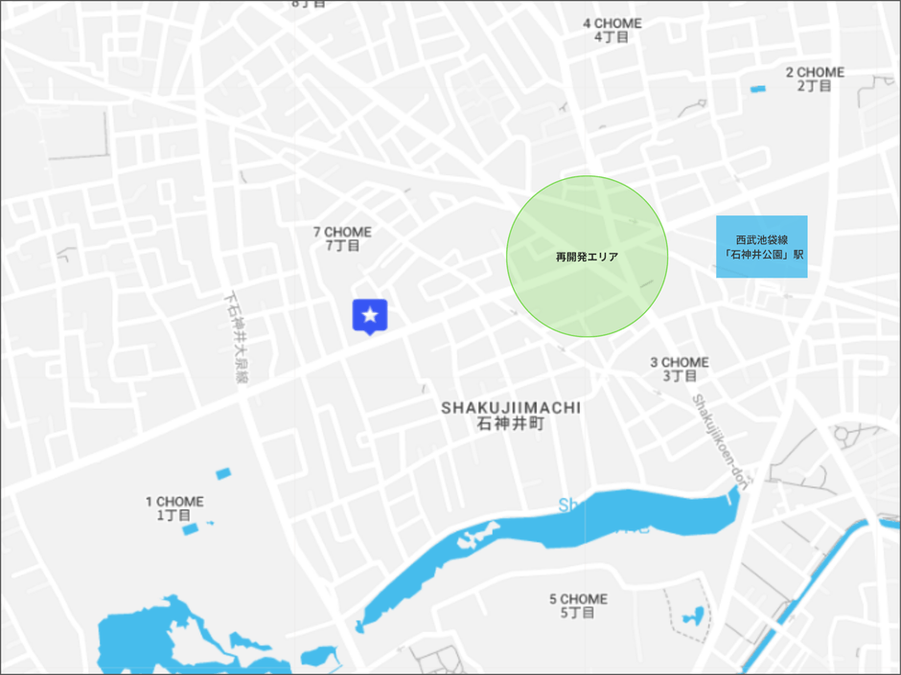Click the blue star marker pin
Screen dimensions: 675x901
[369, 315]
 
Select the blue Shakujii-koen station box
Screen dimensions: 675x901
[761, 247]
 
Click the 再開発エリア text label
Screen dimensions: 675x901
[587, 257]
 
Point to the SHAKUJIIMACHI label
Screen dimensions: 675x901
[510, 408]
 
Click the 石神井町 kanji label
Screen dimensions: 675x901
[510, 423]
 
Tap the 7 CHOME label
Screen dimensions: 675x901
[342, 232]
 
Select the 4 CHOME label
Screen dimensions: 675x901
[612, 23]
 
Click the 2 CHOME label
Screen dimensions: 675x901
[815, 72]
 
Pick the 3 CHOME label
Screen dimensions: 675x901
[680, 362]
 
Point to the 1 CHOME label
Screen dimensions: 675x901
[174, 502]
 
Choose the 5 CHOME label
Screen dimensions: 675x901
[578, 599]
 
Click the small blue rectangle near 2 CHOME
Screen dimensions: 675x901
[758, 89]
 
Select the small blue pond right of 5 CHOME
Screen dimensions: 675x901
[692, 616]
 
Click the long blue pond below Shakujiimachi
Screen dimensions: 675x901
[537, 536]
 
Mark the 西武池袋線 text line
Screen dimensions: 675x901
[761, 239]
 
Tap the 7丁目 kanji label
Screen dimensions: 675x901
[342, 246]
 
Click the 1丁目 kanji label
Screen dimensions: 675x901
[174, 516]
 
